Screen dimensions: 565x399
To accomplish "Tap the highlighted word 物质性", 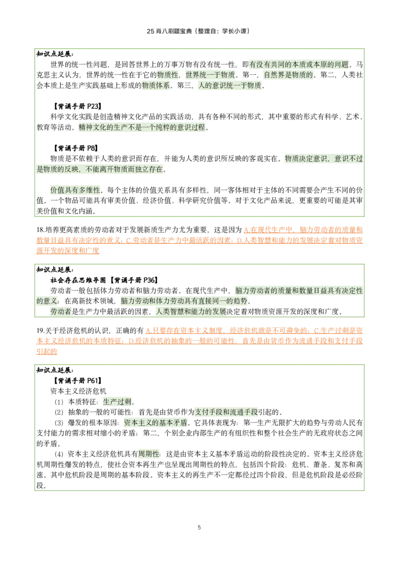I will (x=168, y=74).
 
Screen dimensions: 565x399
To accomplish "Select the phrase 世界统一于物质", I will (x=210, y=74).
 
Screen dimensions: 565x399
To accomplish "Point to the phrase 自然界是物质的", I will (x=289, y=74).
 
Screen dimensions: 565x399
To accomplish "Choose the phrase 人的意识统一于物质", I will (x=229, y=85).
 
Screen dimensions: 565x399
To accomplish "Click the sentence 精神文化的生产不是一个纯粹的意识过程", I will (x=142, y=127).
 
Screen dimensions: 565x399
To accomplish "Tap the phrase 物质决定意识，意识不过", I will (x=323, y=158).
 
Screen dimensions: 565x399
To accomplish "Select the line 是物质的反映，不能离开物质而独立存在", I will (x=100, y=169).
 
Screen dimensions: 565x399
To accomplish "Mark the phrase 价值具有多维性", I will (x=75, y=190).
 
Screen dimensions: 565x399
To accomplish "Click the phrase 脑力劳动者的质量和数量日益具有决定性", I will (x=299, y=290).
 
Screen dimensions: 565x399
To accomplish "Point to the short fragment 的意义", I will (x=48, y=301).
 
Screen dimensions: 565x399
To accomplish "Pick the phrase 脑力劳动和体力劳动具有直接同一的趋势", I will (x=184, y=301).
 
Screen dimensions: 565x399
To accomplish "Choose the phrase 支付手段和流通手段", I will (x=226, y=412).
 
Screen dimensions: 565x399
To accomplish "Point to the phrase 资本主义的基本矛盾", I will (x=155, y=422).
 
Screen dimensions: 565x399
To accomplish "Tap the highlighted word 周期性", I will (x=148, y=454).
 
